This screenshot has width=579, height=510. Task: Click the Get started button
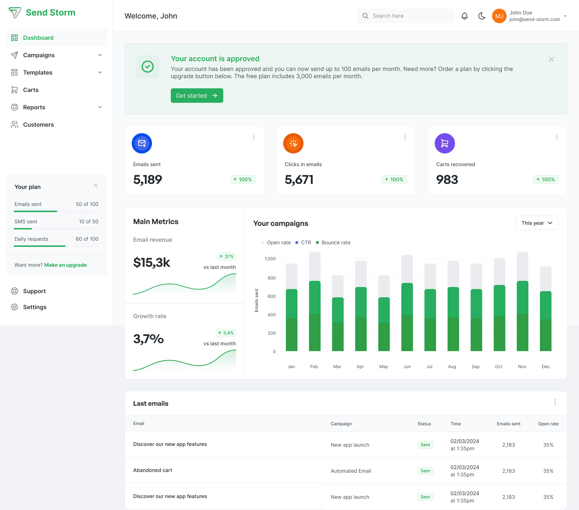click(197, 96)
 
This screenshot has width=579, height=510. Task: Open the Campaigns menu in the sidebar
click(39, 55)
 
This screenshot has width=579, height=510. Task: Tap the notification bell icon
click(465, 16)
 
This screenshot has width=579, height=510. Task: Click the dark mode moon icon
click(482, 16)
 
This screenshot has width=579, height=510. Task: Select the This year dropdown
click(537, 223)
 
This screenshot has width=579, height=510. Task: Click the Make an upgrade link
click(65, 265)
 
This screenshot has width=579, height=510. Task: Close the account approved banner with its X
click(551, 59)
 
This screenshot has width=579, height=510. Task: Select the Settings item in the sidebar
click(35, 307)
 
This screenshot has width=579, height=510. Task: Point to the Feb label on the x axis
click(314, 367)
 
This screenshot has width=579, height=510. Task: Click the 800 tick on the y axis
click(271, 278)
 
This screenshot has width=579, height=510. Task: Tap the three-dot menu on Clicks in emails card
click(405, 137)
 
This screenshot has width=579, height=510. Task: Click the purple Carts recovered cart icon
click(445, 143)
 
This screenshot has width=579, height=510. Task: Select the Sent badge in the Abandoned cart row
click(425, 471)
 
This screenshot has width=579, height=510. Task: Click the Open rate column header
click(548, 424)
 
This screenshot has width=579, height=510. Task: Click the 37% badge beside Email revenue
click(227, 257)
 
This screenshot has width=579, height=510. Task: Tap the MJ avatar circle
click(499, 16)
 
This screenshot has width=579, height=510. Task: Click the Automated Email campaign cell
click(351, 471)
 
